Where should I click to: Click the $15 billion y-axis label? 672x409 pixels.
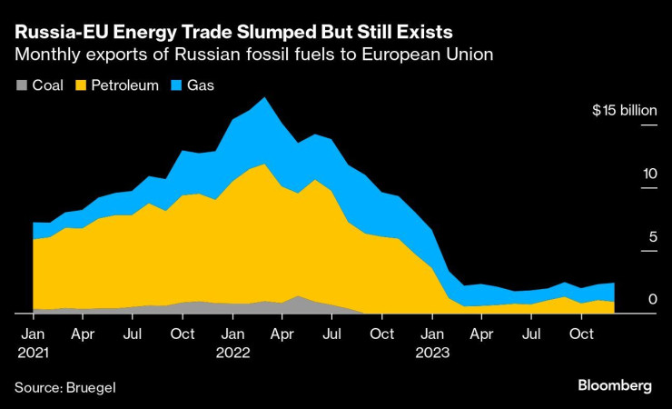pyautogui.click(x=624, y=111)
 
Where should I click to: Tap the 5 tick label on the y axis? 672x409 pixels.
pyautogui.click(x=652, y=236)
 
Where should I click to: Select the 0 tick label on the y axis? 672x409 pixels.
pyautogui.click(x=652, y=299)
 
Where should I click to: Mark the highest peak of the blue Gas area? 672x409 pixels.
pyautogui.click(x=263, y=98)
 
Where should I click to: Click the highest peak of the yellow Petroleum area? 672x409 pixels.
pyautogui.click(x=263, y=165)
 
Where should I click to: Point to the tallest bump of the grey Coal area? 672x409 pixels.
pyautogui.click(x=298, y=296)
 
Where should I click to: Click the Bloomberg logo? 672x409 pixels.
pyautogui.click(x=614, y=385)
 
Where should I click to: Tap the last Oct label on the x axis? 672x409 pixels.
pyautogui.click(x=581, y=334)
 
